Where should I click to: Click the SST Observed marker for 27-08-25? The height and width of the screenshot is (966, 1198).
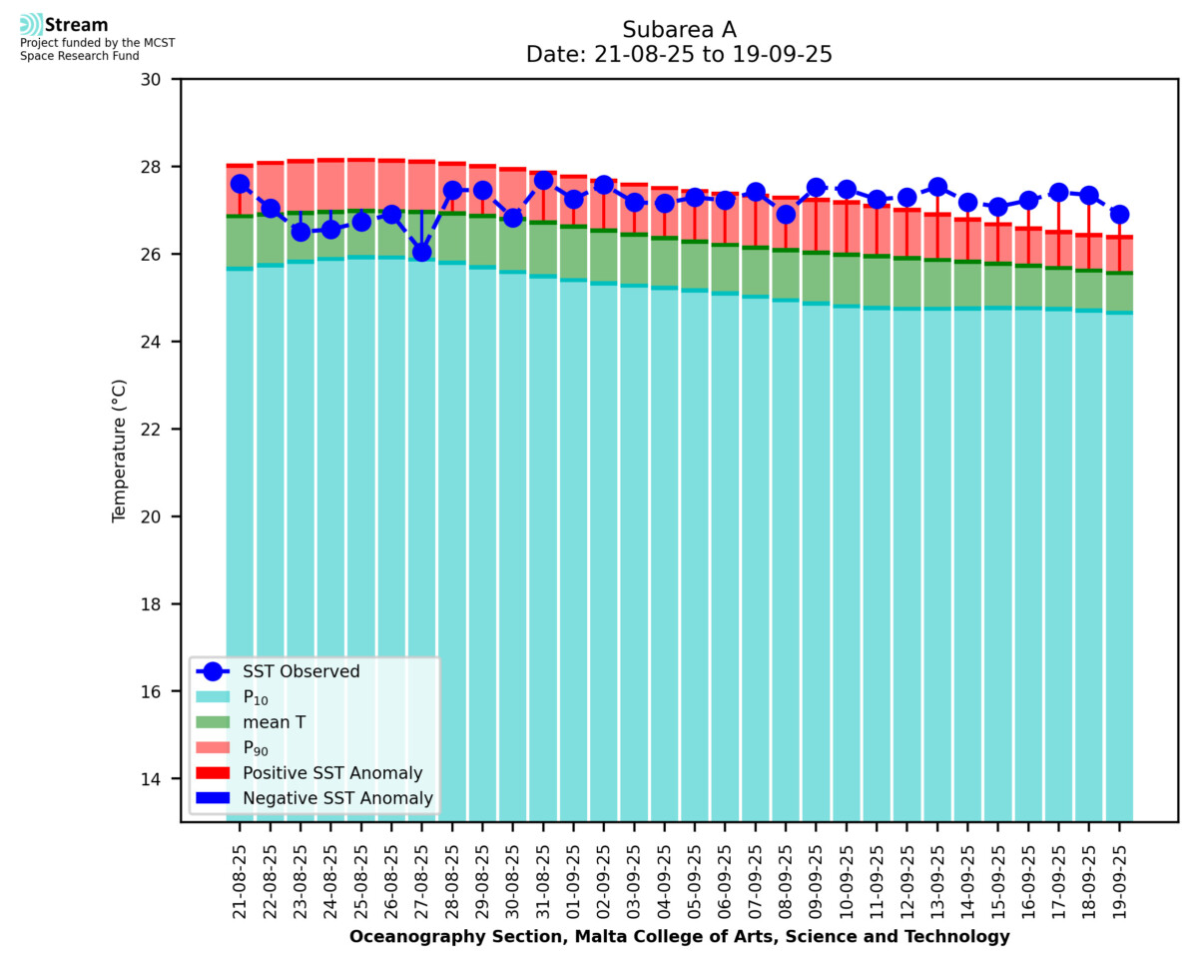[422, 252]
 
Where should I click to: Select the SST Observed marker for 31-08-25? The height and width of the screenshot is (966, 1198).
[544, 181]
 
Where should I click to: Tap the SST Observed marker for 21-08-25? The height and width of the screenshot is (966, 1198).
[240, 184]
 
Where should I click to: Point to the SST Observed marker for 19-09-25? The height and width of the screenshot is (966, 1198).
[1119, 214]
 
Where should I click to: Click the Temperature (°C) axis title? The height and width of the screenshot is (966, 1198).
[120, 450]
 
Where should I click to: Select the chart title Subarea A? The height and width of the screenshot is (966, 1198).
[679, 29]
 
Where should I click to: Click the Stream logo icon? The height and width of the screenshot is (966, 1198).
[31, 25]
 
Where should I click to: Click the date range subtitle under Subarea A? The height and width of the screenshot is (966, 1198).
[679, 55]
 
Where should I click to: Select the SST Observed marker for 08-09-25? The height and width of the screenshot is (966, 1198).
[786, 214]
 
